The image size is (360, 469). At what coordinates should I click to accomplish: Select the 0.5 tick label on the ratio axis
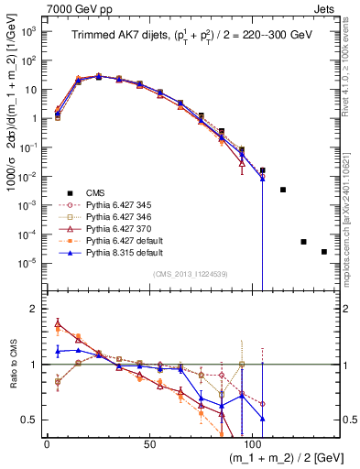[31, 420]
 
